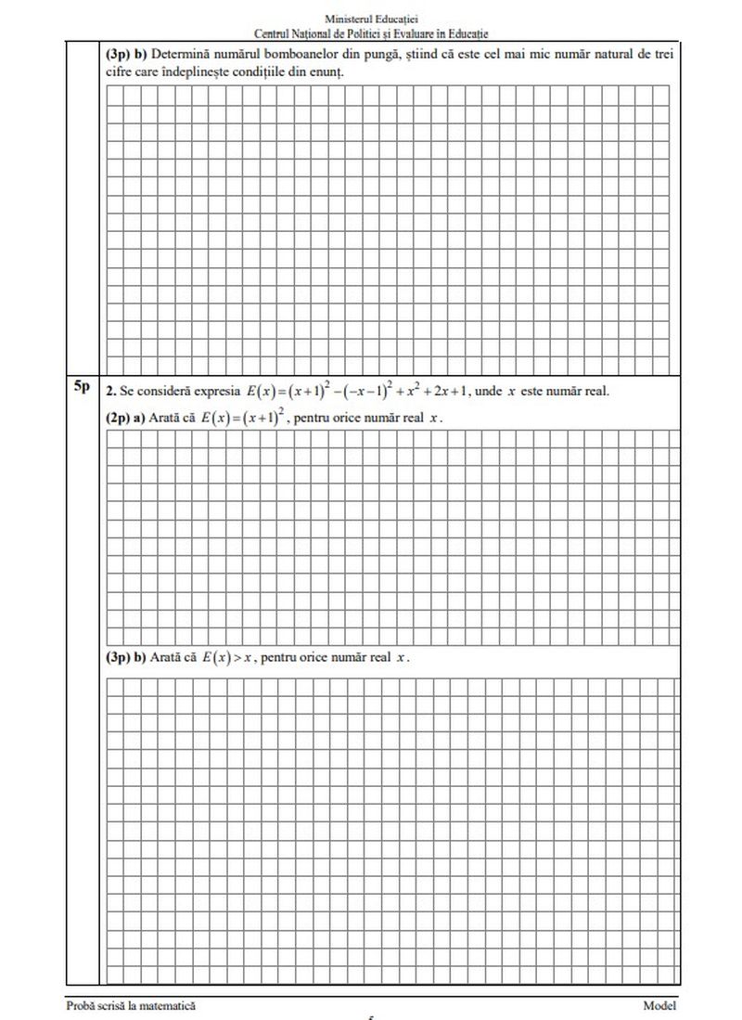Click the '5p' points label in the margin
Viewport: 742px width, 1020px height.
[x=81, y=388]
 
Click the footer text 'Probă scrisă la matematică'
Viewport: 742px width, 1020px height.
[x=131, y=1005]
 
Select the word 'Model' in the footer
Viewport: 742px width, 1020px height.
[x=659, y=1005]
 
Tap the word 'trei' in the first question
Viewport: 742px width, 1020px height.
[x=662, y=55]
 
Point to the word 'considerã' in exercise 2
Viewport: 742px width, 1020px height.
[x=161, y=391]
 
